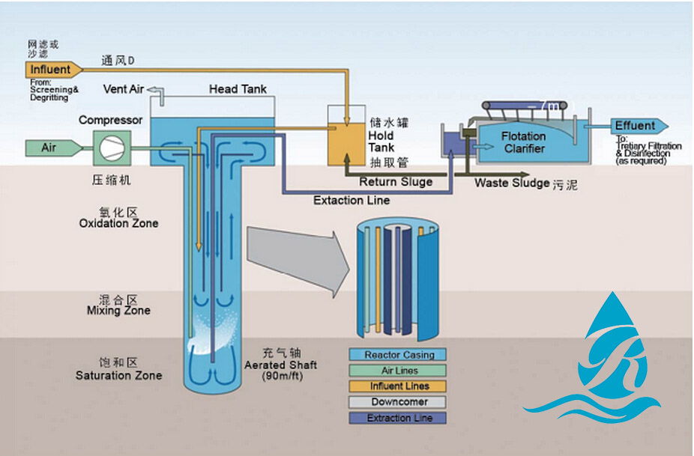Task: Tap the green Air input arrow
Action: tap(52, 148)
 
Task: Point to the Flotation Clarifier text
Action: tap(524, 142)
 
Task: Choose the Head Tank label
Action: tap(238, 89)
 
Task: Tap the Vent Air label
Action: tap(124, 90)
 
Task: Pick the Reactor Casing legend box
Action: tap(399, 355)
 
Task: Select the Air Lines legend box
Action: tap(399, 371)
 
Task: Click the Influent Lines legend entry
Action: tap(399, 386)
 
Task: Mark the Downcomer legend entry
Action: tap(399, 402)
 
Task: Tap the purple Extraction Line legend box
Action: tap(399, 418)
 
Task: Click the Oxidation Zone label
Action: tap(118, 223)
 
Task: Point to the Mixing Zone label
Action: tap(118, 311)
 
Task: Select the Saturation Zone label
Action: tap(118, 375)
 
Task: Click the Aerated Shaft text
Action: tap(280, 365)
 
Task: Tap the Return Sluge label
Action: tap(395, 182)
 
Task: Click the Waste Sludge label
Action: tap(512, 183)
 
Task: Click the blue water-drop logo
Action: tap(600, 359)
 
